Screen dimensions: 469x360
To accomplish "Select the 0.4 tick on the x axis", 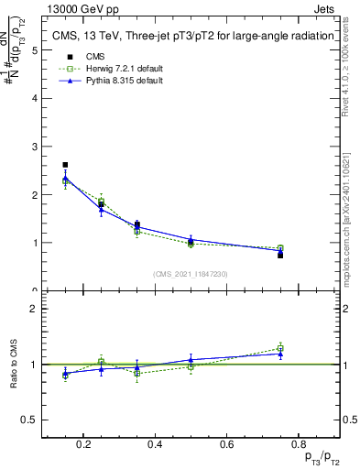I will pos(155,444).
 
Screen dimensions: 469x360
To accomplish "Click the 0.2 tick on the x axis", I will pos(83,444).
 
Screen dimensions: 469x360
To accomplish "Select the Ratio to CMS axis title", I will pos(14,364).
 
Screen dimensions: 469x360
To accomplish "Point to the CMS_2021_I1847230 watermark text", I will pos(191,273).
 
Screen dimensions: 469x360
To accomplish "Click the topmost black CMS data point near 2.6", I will pos(65,165).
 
